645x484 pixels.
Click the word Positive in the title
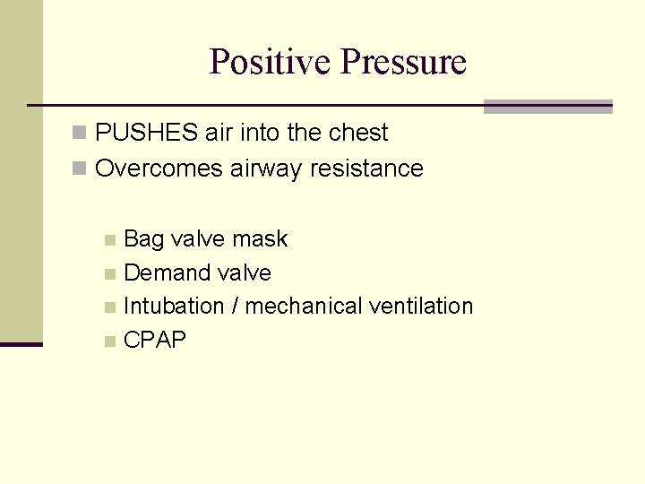click(x=270, y=63)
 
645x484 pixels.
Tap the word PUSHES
click(x=147, y=134)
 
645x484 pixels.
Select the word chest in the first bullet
click(x=357, y=134)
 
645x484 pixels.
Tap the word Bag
click(x=143, y=239)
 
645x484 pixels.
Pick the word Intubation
click(x=174, y=307)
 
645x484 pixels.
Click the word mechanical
click(x=303, y=307)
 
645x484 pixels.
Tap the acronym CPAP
click(x=155, y=341)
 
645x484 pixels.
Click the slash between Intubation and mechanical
click(x=235, y=307)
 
